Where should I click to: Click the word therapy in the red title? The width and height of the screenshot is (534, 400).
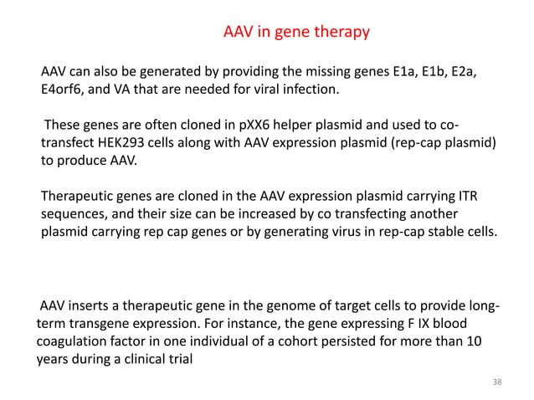click(x=341, y=33)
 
